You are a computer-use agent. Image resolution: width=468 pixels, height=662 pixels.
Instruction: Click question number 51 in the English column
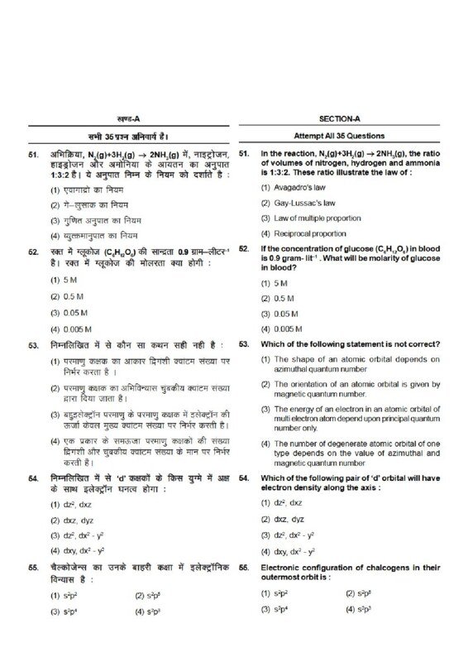(244, 154)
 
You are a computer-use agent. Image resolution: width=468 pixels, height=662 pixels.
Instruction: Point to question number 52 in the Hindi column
(32, 249)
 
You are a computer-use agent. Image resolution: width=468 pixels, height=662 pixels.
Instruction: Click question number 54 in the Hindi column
(32, 478)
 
